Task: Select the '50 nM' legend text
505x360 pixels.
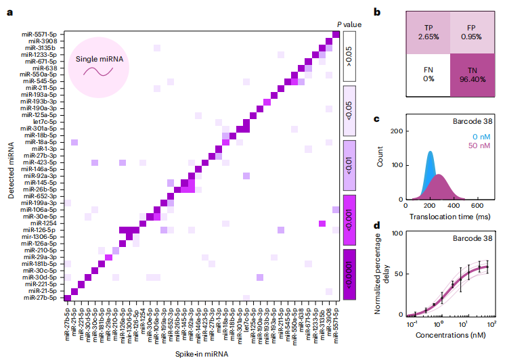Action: pyautogui.click(x=464, y=146)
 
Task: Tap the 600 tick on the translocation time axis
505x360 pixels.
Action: pyautogui.click(x=476, y=206)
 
